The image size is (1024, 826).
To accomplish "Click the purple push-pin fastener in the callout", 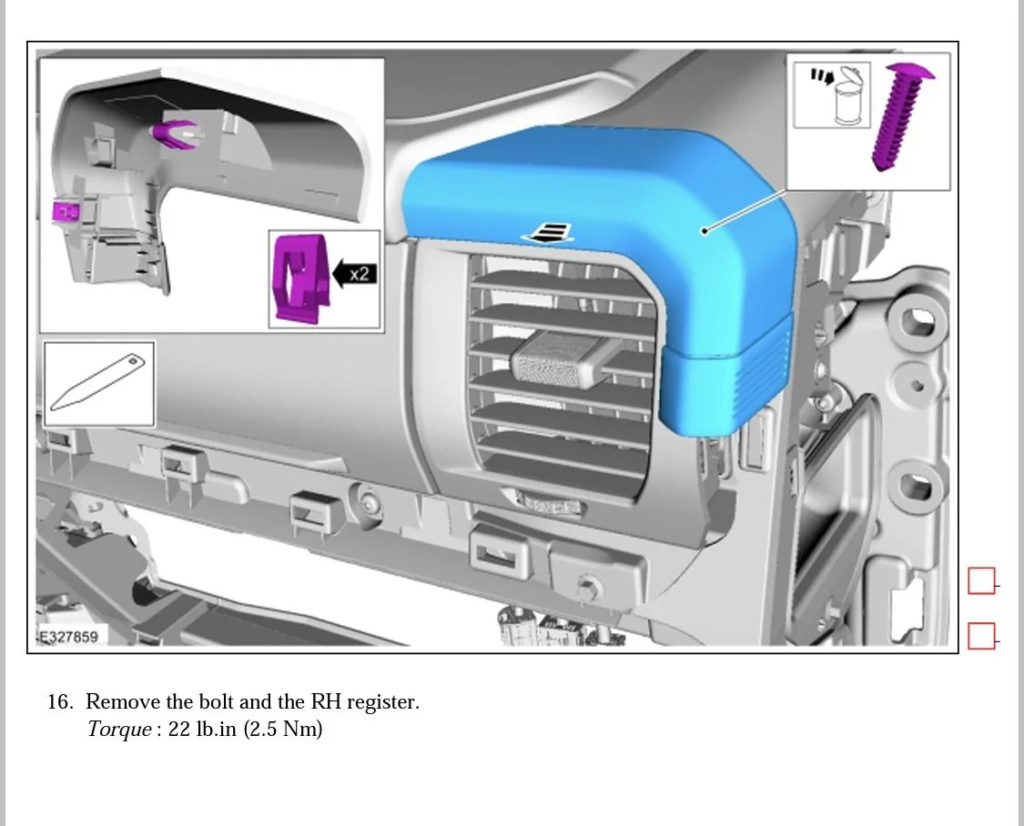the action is pos(900,117).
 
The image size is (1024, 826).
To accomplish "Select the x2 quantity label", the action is pos(360,274).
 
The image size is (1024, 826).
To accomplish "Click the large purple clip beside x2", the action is pos(300,278).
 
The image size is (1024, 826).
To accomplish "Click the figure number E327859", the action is pos(68,637).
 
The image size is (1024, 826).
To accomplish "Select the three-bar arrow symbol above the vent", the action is pos(549,232).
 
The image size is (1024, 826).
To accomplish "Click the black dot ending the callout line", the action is pos(705,230).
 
